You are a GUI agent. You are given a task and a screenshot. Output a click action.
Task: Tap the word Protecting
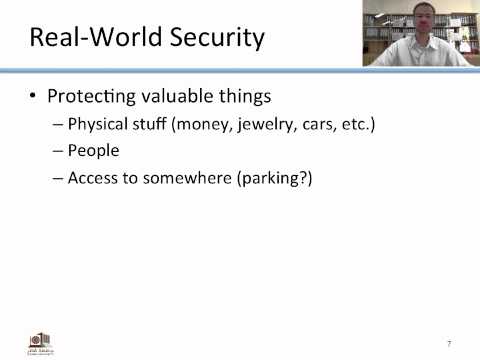[95, 97]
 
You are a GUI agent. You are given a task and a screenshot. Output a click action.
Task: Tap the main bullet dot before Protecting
[35, 98]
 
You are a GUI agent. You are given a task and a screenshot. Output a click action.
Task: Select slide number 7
[449, 343]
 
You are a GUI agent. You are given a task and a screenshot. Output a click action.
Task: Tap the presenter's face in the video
[419, 30]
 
